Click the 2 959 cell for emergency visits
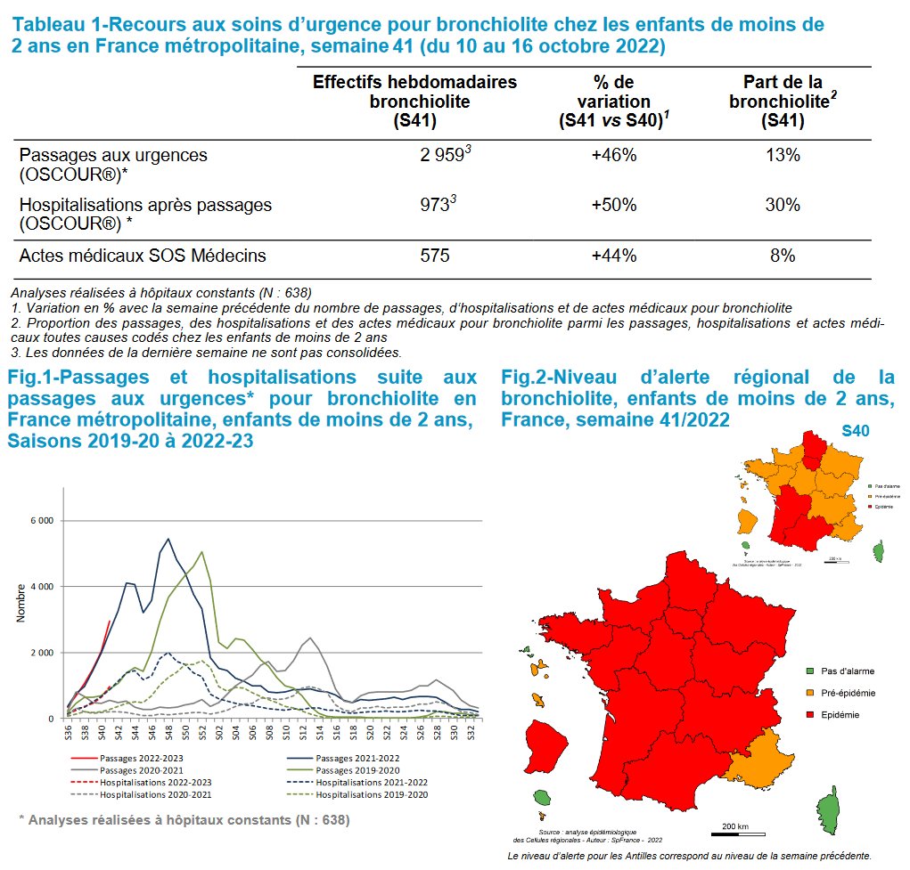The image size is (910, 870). point(442,156)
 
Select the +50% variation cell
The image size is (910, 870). point(613,205)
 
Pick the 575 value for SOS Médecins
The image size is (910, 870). point(435,256)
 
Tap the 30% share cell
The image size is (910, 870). point(783,205)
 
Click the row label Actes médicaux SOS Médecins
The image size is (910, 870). point(143,256)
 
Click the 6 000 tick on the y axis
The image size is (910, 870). point(42,520)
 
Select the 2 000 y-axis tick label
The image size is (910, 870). point(42,653)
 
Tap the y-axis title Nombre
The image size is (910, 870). point(20,604)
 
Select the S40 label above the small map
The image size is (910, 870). point(856,432)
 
